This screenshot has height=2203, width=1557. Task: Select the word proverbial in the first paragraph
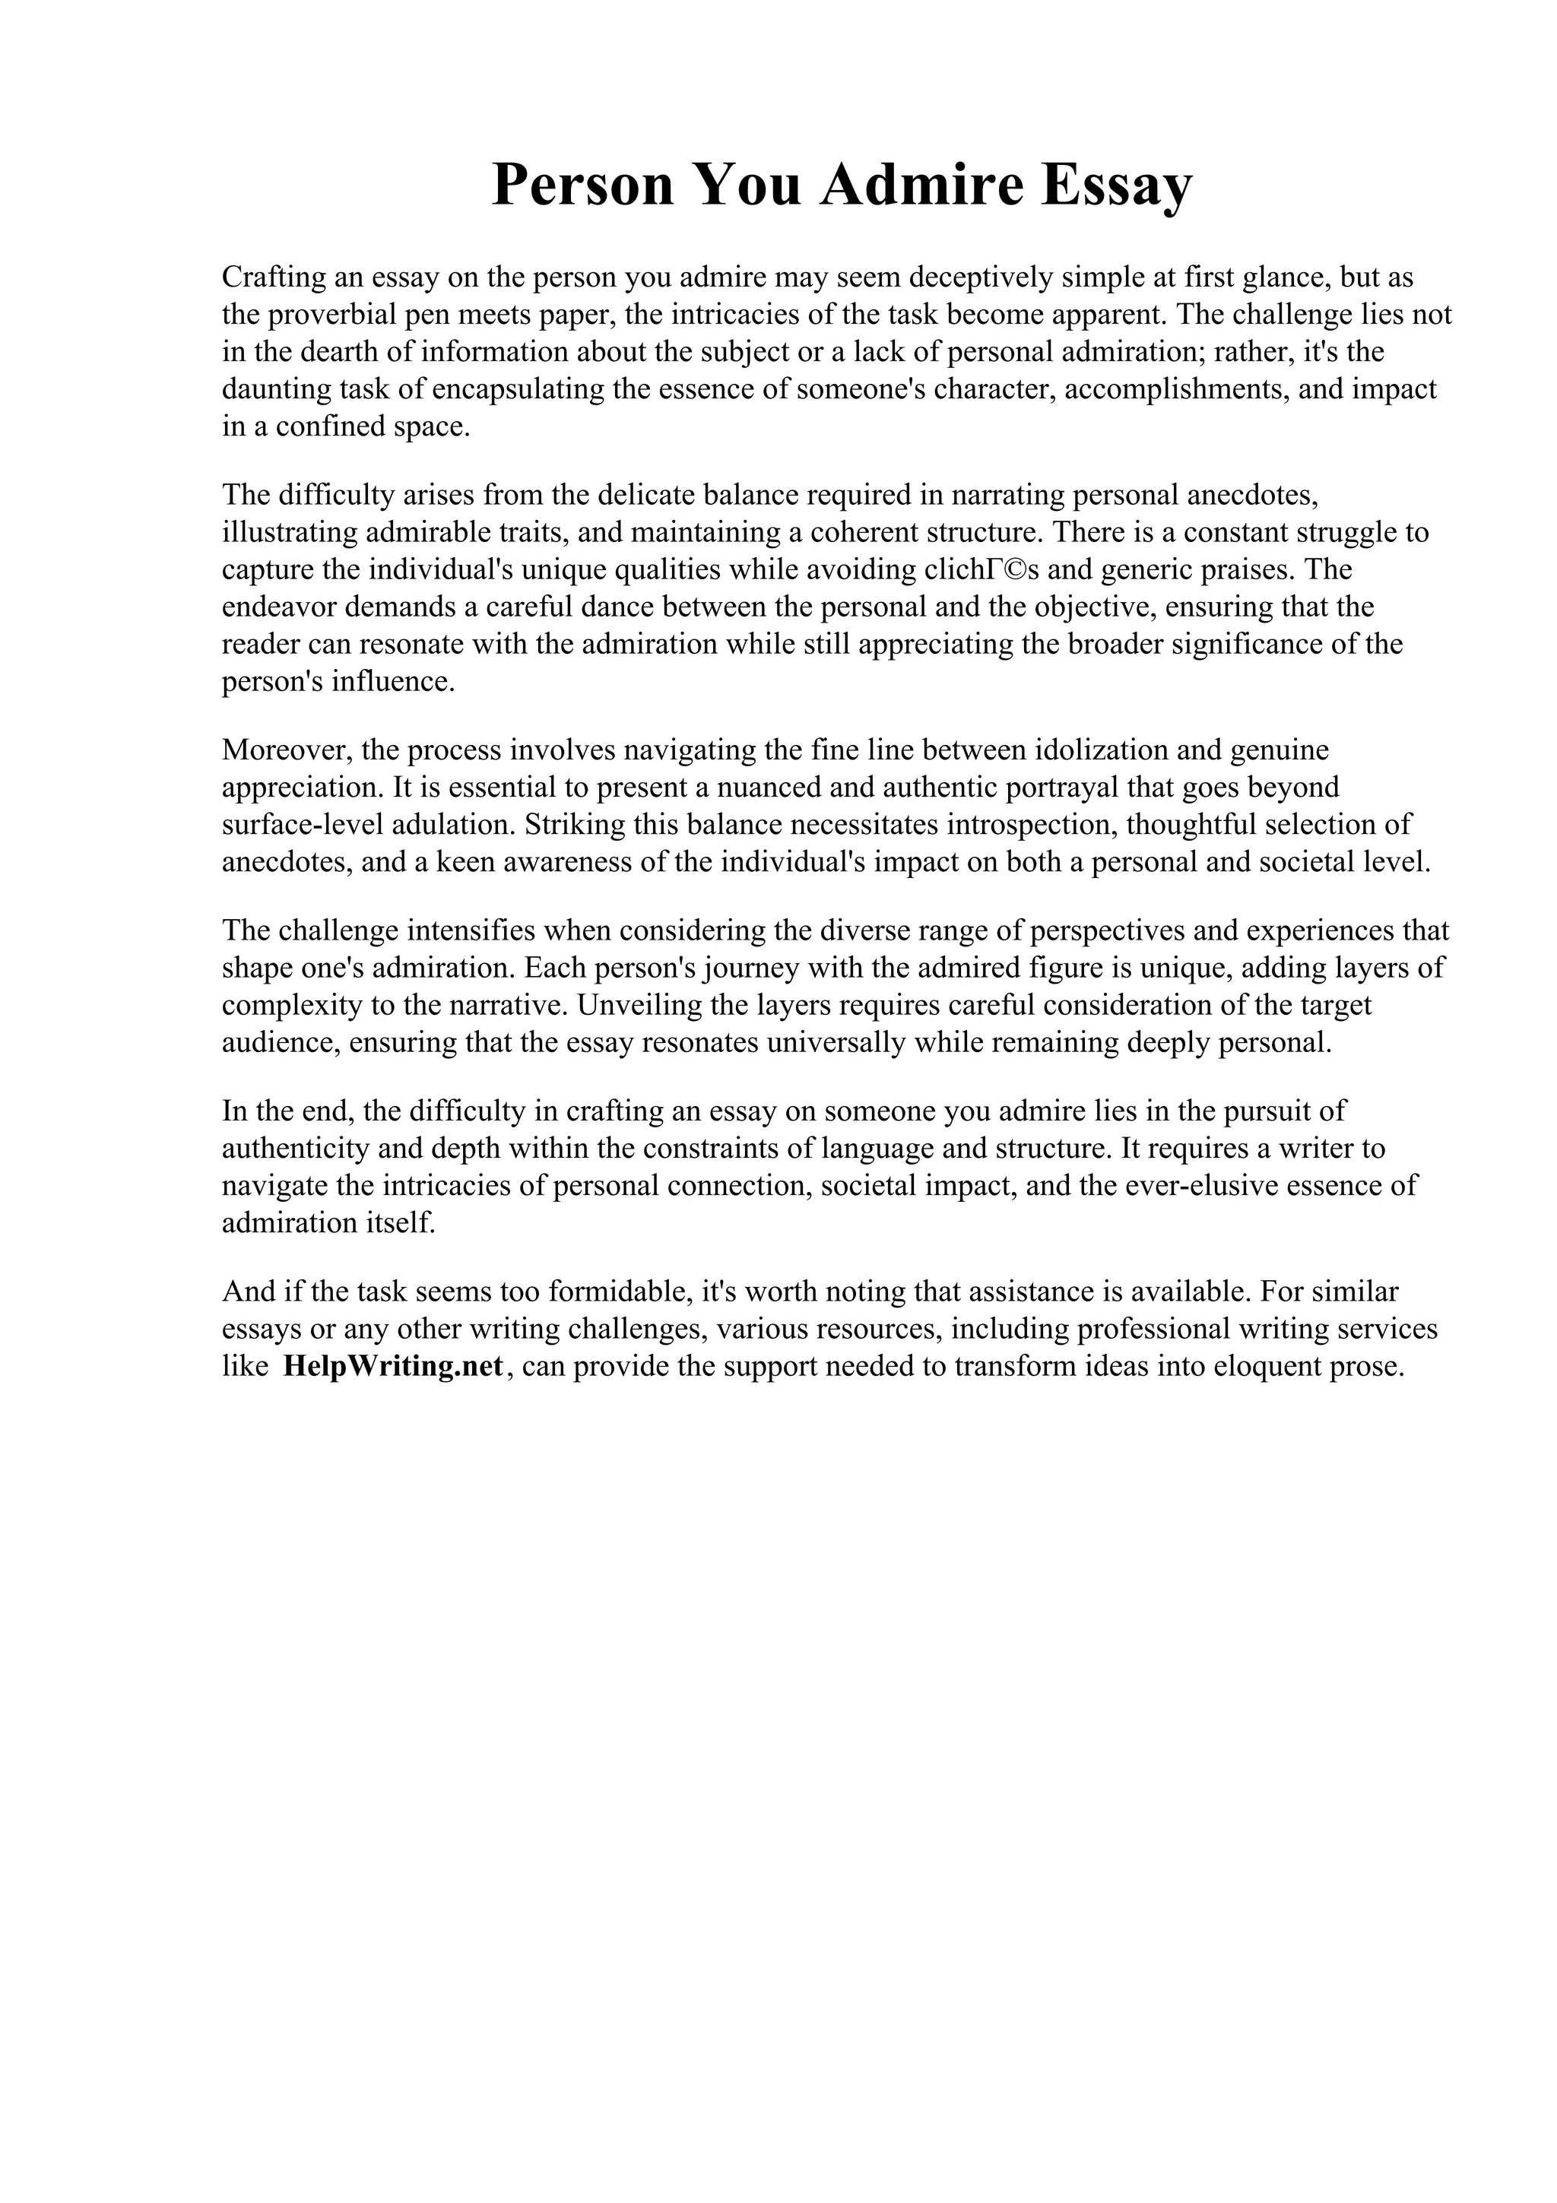click(x=341, y=315)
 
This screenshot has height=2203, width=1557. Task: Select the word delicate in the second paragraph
click(x=646, y=495)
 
